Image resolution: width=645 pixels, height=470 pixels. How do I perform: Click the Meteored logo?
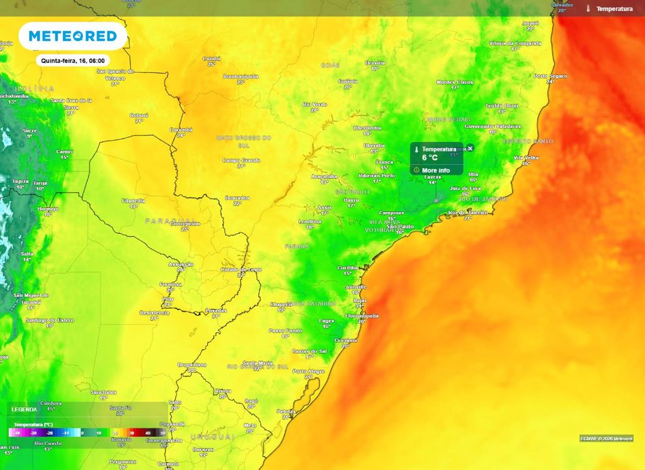point(72,37)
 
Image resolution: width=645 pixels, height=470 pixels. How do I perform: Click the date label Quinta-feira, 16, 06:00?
point(72,61)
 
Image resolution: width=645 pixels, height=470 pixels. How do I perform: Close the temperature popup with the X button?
point(470,148)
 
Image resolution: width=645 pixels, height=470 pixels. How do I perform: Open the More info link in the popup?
point(435,170)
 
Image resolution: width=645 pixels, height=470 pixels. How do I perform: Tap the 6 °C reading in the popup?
point(430,158)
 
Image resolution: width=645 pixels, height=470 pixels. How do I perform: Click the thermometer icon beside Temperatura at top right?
point(587,9)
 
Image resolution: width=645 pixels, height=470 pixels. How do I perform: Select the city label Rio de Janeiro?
point(467,213)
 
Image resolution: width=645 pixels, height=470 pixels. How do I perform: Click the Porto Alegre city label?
point(307,372)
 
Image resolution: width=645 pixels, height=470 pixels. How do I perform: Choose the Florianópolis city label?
point(362,316)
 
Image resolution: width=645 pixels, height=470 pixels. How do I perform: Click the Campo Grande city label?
point(241,161)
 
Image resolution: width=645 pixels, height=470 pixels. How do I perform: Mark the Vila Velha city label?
point(526,158)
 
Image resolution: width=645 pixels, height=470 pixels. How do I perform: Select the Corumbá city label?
point(181,130)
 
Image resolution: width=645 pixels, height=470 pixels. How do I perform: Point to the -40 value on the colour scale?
point(17,433)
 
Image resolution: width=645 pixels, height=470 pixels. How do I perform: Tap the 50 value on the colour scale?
point(163,433)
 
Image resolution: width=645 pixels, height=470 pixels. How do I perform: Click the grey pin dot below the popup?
point(436,200)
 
